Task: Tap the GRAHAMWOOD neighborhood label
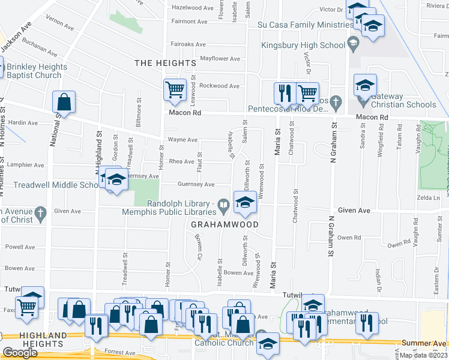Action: pyautogui.click(x=224, y=224)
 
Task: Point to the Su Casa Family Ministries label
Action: pyautogui.click(x=305, y=25)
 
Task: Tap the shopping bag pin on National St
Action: pyautogui.click(x=64, y=103)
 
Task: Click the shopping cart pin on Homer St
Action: pyautogui.click(x=175, y=90)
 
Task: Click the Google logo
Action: pyautogui.click(x=20, y=353)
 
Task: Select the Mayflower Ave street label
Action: pyautogui.click(x=220, y=59)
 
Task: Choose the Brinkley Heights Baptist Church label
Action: pyautogui.click(x=34, y=71)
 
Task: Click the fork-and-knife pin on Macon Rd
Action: pyautogui.click(x=285, y=94)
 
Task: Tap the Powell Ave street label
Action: pyautogui.click(x=20, y=247)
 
